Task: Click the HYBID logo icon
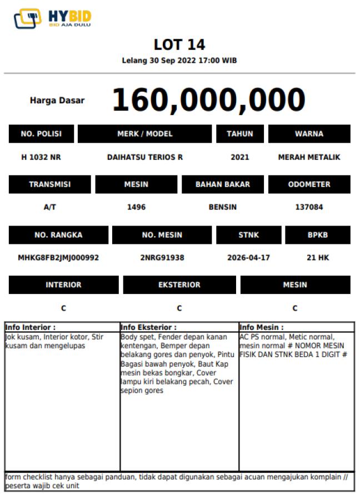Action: [27, 18]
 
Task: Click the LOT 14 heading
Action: [179, 44]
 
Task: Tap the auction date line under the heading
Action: [179, 61]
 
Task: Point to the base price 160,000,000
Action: [209, 100]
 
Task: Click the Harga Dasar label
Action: [57, 101]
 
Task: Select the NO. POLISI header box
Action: [41, 134]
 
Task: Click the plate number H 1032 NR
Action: [41, 157]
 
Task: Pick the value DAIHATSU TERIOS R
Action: [145, 157]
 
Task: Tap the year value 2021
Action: [240, 157]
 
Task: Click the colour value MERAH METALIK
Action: [309, 157]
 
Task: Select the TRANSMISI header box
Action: [50, 184]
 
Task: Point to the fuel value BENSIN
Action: [223, 207]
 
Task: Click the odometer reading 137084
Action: [309, 207]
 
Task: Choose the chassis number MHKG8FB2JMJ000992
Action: [58, 258]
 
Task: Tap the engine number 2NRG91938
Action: [162, 258]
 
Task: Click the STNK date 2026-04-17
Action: [249, 258]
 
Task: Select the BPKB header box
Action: [318, 235]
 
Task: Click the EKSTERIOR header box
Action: [179, 285]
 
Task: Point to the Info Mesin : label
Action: [262, 328]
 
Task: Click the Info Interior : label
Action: [30, 328]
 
